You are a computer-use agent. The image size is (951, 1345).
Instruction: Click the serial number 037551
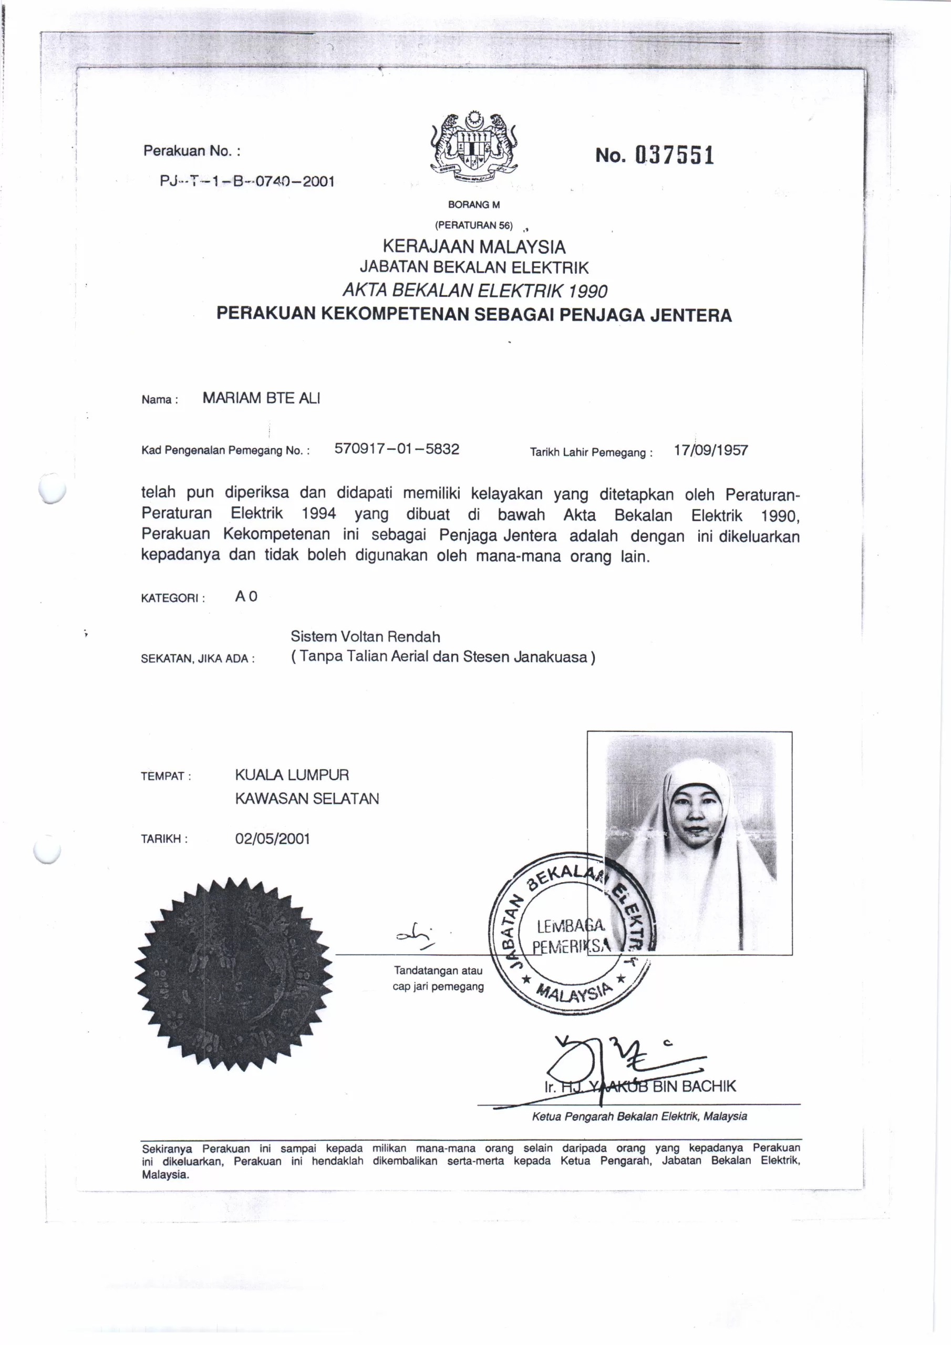(675, 155)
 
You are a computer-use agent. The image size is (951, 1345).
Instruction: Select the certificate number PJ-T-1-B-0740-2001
(247, 181)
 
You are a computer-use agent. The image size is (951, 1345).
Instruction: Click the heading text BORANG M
(473, 204)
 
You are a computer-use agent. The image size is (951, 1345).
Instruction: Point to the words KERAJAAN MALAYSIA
(473, 246)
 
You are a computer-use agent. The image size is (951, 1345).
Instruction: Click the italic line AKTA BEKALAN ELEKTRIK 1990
(474, 291)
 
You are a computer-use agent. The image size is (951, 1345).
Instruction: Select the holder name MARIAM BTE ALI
(261, 398)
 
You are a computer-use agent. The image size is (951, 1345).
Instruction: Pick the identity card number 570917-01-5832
(397, 449)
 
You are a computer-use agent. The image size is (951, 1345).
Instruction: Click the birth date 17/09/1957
(710, 450)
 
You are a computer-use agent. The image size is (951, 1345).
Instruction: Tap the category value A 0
(246, 596)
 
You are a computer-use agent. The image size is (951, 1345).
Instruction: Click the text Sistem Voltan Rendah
(365, 637)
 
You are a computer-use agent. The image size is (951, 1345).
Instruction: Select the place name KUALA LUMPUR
(292, 775)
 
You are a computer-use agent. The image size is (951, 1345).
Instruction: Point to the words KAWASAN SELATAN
(307, 799)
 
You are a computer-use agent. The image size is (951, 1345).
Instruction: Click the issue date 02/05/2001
(273, 839)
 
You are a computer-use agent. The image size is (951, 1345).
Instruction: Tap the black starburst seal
(234, 974)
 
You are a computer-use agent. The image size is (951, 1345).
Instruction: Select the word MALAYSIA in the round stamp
(574, 992)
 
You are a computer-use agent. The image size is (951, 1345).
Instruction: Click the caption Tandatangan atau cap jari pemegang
(438, 978)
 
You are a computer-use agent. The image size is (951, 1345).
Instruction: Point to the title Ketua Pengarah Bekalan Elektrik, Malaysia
(639, 1116)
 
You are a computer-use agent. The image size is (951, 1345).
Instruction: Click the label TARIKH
(164, 839)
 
